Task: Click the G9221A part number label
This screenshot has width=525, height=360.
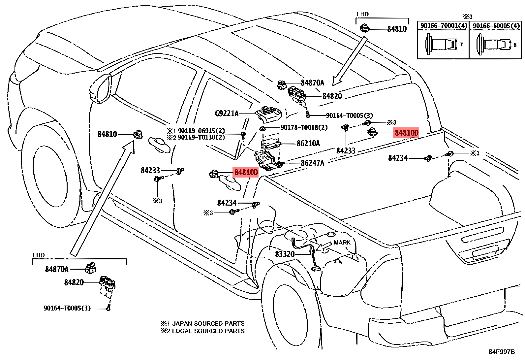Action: click(x=227, y=114)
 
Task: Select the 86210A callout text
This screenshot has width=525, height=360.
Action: click(x=308, y=143)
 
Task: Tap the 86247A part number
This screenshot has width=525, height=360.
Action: click(x=312, y=163)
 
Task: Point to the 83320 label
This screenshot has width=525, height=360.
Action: click(x=285, y=254)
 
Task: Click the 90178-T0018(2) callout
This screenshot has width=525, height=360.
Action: click(x=304, y=127)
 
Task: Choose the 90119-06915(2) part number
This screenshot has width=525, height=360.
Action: click(x=201, y=131)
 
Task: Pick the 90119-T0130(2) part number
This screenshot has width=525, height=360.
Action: click(x=201, y=137)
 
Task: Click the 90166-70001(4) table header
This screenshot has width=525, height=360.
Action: click(x=443, y=26)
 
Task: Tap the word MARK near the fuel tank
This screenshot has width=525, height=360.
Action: click(x=342, y=243)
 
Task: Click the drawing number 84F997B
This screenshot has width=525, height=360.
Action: click(x=501, y=351)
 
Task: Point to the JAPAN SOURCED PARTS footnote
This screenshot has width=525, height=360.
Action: click(x=208, y=323)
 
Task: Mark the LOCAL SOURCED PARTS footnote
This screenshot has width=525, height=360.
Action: click(x=208, y=331)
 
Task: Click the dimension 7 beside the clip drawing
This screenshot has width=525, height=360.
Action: click(x=461, y=45)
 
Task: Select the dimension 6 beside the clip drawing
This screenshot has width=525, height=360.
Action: click(x=515, y=45)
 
